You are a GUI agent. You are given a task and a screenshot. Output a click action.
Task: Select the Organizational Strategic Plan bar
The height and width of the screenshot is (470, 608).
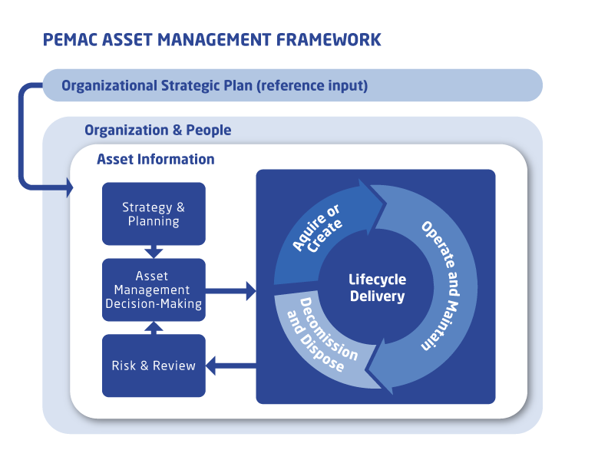click(x=292, y=85)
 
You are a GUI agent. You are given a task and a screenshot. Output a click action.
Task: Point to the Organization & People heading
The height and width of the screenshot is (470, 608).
click(x=157, y=130)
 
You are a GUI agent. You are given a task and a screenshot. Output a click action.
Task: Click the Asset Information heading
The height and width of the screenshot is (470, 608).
click(x=155, y=160)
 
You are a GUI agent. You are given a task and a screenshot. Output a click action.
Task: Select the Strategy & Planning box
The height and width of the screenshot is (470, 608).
click(x=154, y=214)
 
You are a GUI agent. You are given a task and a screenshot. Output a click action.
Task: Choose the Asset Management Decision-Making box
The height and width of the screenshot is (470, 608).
click(x=154, y=290)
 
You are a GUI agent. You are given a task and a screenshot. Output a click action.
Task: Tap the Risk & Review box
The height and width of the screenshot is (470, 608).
click(x=154, y=366)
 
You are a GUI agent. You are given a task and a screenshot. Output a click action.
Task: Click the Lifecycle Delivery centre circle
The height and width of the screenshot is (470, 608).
click(x=377, y=288)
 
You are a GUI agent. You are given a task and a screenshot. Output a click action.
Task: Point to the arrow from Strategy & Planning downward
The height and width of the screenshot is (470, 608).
click(x=154, y=251)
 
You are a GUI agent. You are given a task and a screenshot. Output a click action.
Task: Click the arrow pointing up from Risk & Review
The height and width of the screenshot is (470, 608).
click(x=154, y=327)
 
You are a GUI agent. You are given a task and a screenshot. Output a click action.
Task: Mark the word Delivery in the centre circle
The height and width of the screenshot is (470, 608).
click(x=377, y=296)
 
